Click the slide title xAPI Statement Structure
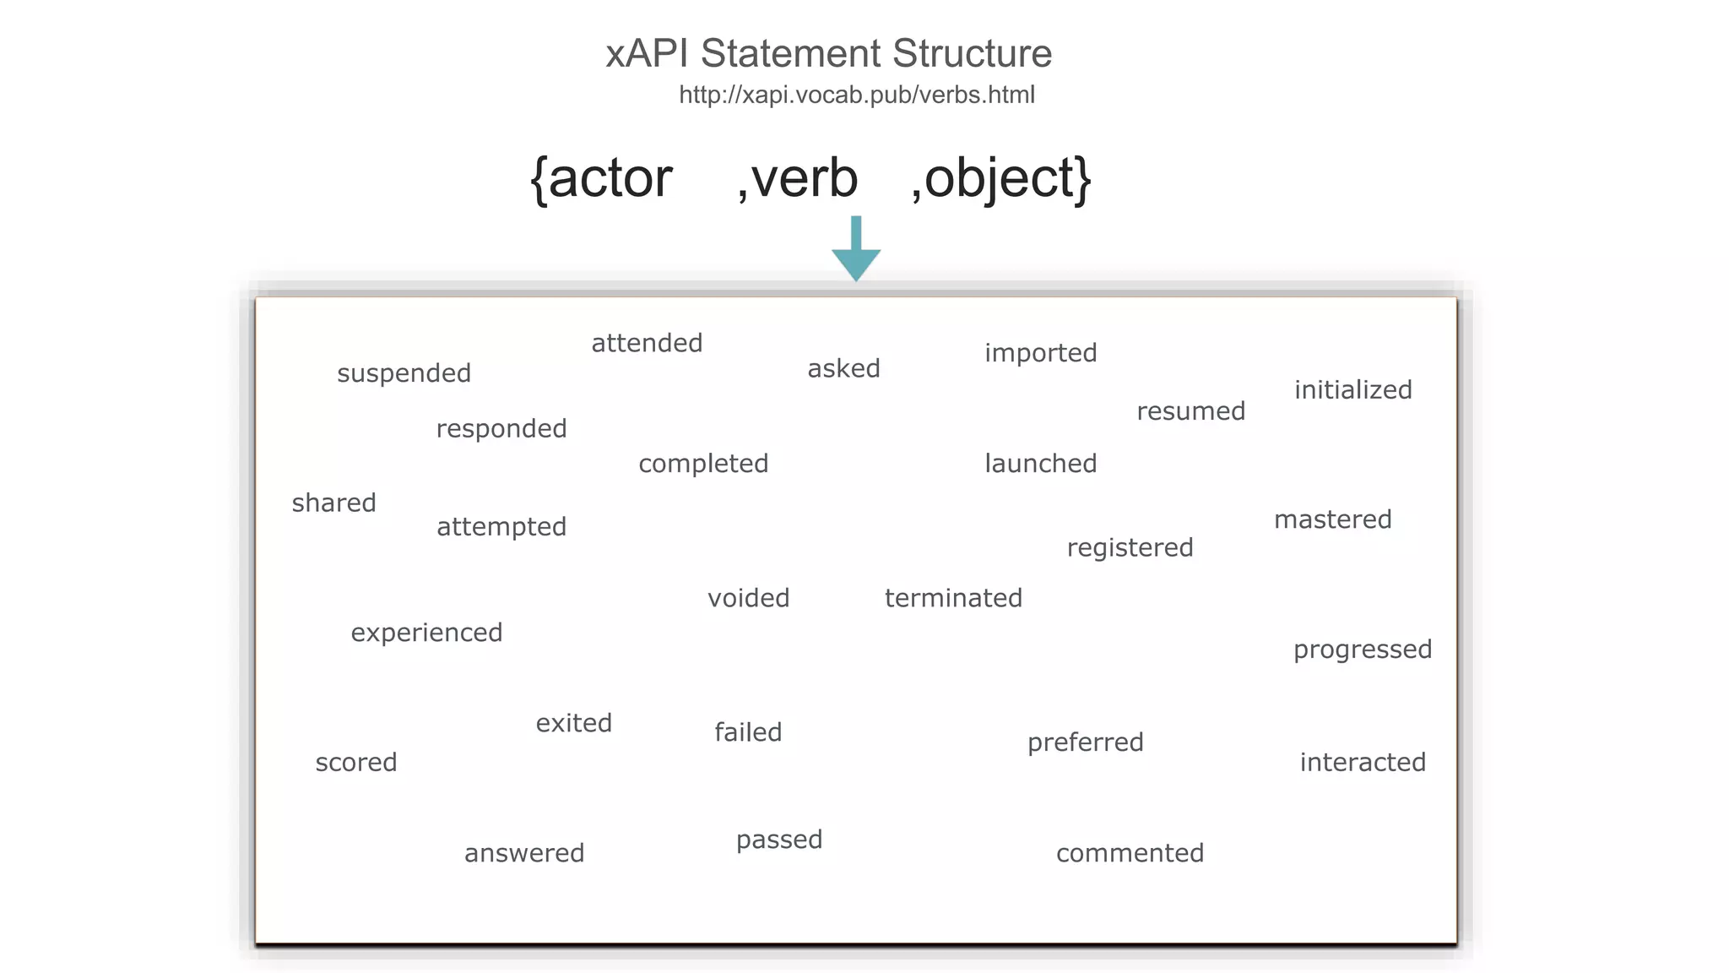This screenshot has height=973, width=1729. coord(828,53)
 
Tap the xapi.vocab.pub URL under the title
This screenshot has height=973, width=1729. coord(856,95)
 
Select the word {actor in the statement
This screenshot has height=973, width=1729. coord(601,178)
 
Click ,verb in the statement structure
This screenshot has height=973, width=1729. coord(797,178)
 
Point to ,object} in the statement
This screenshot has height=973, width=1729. coord(1001,178)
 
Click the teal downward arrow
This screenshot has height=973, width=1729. coord(856,250)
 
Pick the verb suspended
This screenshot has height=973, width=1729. coord(404,373)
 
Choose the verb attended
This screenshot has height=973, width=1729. coord(647,343)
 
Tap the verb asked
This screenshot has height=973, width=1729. coord(843,368)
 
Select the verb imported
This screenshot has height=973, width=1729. coord(1040,353)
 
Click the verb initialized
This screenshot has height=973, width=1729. coord(1352,390)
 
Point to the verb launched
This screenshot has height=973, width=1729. coord(1040,464)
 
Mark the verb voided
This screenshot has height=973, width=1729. coord(748,598)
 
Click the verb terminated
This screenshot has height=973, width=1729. coord(953,598)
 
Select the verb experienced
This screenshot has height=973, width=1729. coord(426,633)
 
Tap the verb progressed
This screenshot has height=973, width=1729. coord(1362,650)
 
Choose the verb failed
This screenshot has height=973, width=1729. coord(748,732)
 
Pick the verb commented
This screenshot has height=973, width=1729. coord(1130,853)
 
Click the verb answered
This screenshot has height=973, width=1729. coord(523,853)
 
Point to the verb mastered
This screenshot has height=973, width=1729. coord(1332,519)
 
